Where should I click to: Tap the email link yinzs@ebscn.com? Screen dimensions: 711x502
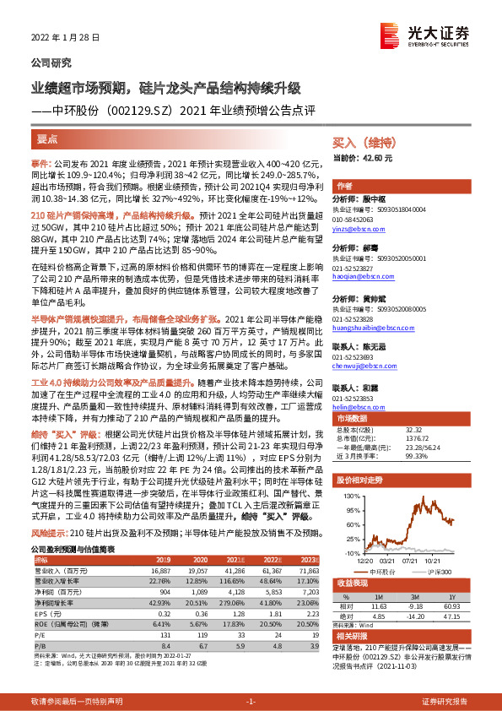point(356,229)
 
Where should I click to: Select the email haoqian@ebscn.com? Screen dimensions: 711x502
point(359,275)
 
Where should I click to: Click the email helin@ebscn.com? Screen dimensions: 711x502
point(356,407)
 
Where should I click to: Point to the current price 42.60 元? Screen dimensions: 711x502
point(375,158)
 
